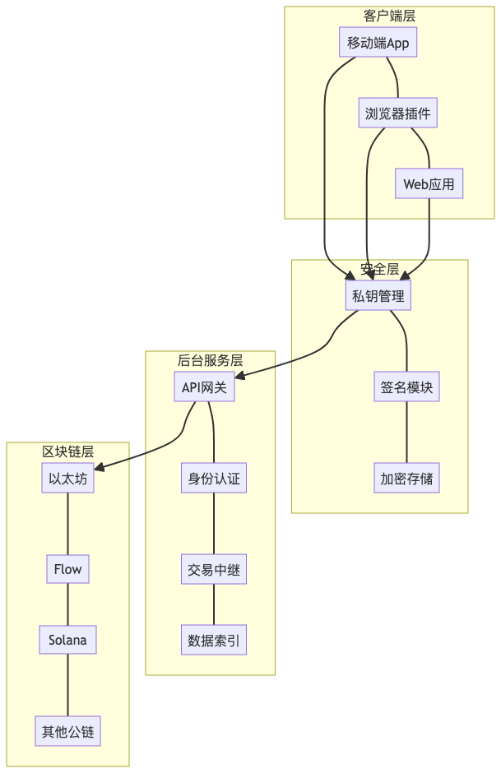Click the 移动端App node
(378, 43)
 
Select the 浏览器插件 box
(398, 113)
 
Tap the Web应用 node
(429, 184)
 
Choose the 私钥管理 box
(378, 296)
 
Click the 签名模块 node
(406, 387)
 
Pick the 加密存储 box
(406, 478)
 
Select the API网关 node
(205, 387)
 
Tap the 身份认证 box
(214, 478)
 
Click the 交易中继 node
(214, 569)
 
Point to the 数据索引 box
(214, 640)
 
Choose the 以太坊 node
(67, 478)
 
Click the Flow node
(67, 569)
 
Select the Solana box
(67, 640)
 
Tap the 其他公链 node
(67, 731)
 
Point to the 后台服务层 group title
(210, 360)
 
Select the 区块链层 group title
(67, 451)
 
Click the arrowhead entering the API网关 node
(240, 377)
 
